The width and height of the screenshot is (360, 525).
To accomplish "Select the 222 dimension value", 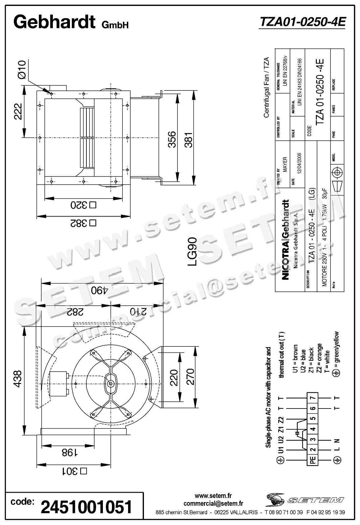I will pyautogui.click(x=18, y=112).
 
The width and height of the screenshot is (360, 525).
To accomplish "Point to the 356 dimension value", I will pyautogui.click(x=172, y=140).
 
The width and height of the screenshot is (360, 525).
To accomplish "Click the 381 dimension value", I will pyautogui.click(x=188, y=140).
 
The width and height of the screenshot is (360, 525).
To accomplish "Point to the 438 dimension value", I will pyautogui.click(x=18, y=378).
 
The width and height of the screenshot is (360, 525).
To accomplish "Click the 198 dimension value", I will pyautogui.click(x=69, y=453).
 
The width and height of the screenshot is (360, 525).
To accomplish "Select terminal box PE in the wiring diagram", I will pyautogui.click(x=313, y=459).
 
